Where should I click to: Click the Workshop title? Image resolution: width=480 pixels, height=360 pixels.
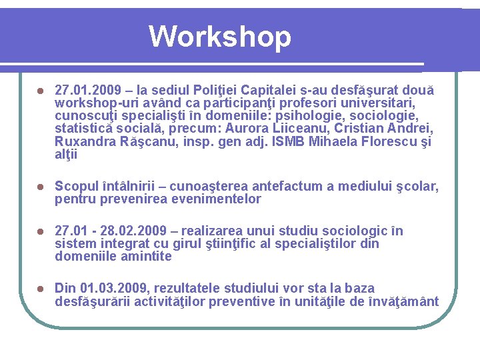[220, 37]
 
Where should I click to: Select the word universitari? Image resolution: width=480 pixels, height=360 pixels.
[381, 103]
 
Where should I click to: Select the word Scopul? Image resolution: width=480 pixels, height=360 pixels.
[76, 187]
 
